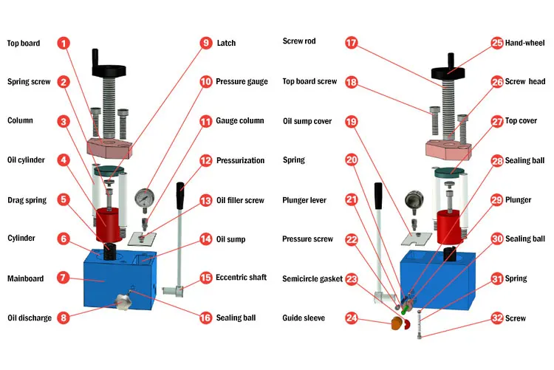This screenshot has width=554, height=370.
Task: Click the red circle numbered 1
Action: point(64,43)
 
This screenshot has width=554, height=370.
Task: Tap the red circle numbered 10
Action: point(205,82)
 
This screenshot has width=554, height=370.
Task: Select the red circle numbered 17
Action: point(351,43)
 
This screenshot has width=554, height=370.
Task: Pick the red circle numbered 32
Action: point(497,318)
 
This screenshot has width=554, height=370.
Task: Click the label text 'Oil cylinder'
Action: point(26,160)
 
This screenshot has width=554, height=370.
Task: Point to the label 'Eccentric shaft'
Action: point(242,278)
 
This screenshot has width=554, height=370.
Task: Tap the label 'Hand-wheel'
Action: point(524,43)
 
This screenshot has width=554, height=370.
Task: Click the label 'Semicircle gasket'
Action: point(312,279)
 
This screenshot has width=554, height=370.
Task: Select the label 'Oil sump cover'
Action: point(307,121)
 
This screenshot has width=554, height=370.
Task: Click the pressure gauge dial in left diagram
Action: point(145,198)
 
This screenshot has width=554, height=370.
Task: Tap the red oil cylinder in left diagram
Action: point(109,225)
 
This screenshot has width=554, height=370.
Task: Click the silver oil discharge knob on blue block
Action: point(123,301)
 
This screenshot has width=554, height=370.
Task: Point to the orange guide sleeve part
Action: point(397,323)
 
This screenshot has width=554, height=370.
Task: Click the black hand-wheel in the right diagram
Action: point(448,73)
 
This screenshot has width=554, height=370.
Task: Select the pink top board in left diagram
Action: point(110,148)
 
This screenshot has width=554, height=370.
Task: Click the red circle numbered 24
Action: point(351,318)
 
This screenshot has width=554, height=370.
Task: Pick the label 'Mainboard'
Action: point(25,278)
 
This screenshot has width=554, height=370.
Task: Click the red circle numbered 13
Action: point(205,200)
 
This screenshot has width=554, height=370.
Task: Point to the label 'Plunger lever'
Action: point(304,200)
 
